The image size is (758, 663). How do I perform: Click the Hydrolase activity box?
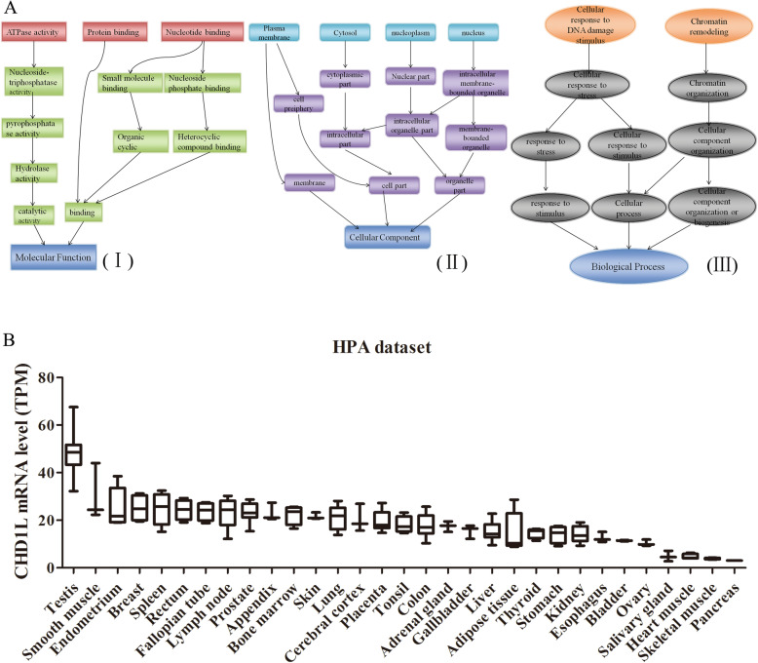point(31,172)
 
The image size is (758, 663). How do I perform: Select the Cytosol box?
point(344,33)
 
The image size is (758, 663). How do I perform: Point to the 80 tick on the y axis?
point(42,377)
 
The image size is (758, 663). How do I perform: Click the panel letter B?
point(8,341)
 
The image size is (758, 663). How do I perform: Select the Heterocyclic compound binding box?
point(209,142)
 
